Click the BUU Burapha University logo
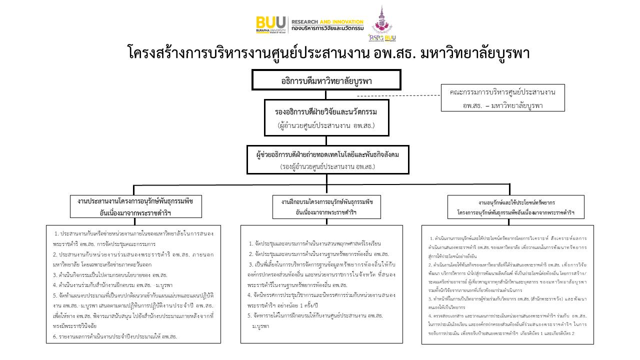(x=271, y=23)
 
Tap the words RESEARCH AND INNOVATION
(x=327, y=22)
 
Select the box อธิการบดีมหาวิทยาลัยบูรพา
(x=326, y=80)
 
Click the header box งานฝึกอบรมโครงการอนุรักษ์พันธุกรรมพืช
(x=327, y=206)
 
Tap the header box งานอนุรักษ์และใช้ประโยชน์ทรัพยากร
(x=516, y=207)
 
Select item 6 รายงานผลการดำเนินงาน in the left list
(x=115, y=336)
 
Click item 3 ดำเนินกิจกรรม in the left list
(x=110, y=274)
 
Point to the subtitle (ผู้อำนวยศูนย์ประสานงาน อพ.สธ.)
(x=326, y=125)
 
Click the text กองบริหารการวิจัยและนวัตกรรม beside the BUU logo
(x=327, y=28)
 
